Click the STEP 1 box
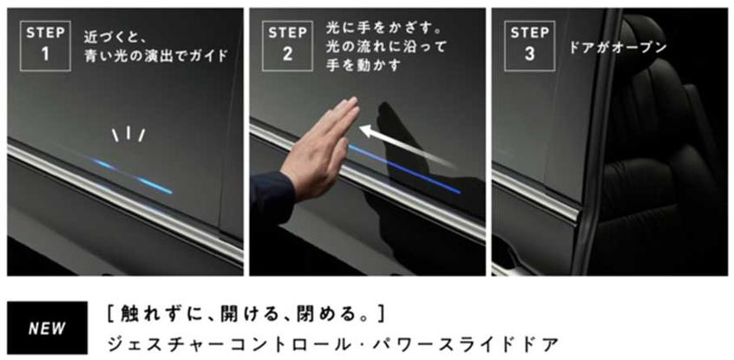click(x=45, y=46)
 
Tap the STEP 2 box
click(x=287, y=46)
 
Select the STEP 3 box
click(x=529, y=46)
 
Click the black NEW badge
click(x=47, y=328)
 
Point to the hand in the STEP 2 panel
click(x=323, y=150)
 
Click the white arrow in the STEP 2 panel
click(x=407, y=146)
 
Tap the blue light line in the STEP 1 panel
click(x=133, y=176)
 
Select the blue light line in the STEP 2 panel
click(x=405, y=168)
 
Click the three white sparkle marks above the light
click(x=128, y=134)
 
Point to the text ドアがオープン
click(x=618, y=48)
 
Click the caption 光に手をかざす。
click(x=384, y=29)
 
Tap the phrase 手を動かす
click(x=364, y=65)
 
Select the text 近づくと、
click(x=115, y=37)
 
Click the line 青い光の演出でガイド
click(x=156, y=56)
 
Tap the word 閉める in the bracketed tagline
click(x=324, y=314)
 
